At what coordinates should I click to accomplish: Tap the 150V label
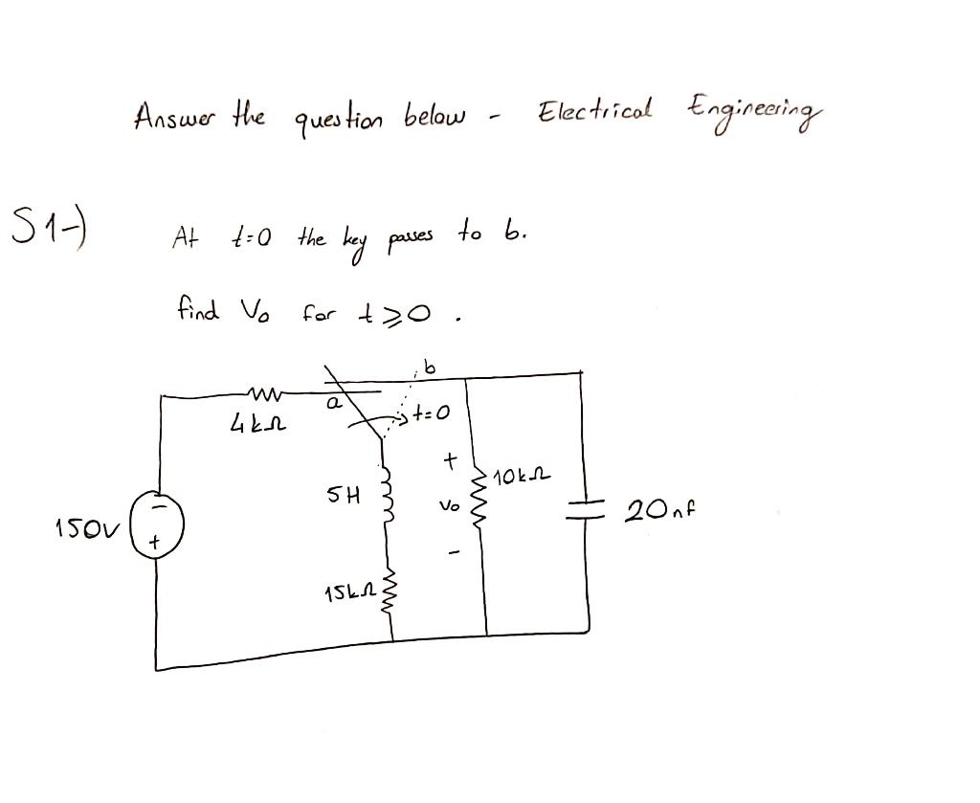(x=78, y=526)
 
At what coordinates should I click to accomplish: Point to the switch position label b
(x=428, y=367)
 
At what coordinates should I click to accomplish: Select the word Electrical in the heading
(x=595, y=112)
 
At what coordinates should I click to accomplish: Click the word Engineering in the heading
(x=752, y=113)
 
